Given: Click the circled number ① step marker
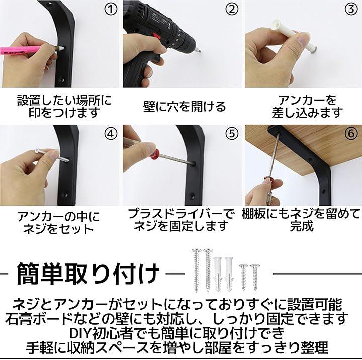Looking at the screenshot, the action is tap(111, 9).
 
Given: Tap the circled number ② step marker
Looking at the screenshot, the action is tap(232, 9).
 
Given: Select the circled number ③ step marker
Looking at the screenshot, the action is tap(351, 9).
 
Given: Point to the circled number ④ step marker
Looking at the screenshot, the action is tap(111, 134).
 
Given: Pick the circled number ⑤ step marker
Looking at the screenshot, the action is tap(232, 134).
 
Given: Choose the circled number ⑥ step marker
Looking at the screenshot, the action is tap(351, 134).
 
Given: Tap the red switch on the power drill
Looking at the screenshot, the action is tap(157, 36).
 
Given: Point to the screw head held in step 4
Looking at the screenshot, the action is tap(37, 151).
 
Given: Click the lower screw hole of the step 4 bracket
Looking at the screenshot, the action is tap(66, 195).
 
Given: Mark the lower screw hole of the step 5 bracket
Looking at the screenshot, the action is tap(193, 196).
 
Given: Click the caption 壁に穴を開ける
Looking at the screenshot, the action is tap(184, 107).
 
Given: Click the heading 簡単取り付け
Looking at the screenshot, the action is tap(88, 274).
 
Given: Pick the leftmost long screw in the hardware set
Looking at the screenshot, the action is tap(196, 270).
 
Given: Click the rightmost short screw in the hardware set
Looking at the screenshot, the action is tap(255, 277).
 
